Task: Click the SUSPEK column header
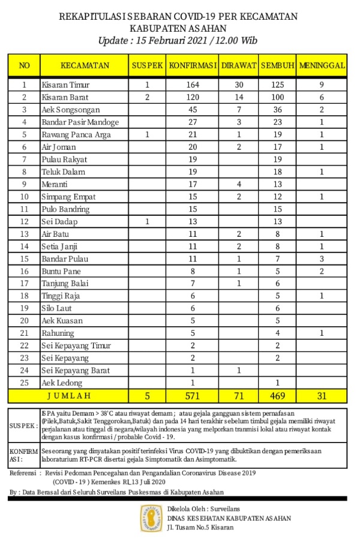tap(147, 65)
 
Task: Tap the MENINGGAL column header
tap(322, 65)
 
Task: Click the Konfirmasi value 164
tap(193, 85)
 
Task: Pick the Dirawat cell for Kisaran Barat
tap(238, 97)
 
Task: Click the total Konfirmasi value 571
tap(193, 396)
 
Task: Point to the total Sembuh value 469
tap(277, 396)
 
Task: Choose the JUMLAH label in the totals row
tap(68, 396)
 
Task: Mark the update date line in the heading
tap(178, 40)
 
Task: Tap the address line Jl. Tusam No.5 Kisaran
tap(201, 528)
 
